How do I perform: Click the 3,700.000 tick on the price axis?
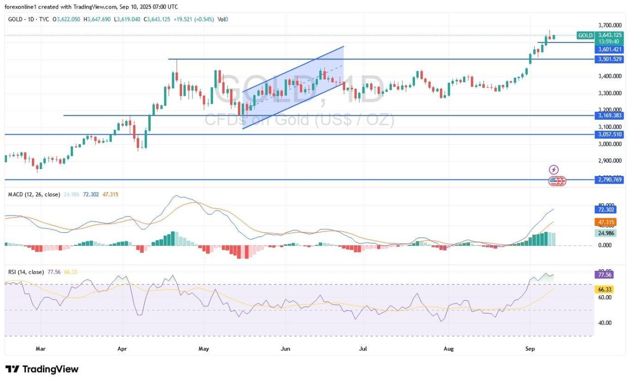[x=610, y=25]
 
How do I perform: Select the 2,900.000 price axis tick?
[x=610, y=161]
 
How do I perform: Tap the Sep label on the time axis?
[x=530, y=349]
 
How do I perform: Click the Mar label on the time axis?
[x=41, y=349]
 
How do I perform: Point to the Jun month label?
[x=285, y=349]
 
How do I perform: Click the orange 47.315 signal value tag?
[x=607, y=222]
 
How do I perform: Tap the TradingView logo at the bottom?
[x=42, y=369]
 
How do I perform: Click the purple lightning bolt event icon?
[x=554, y=170]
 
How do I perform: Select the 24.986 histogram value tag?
[x=607, y=233]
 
